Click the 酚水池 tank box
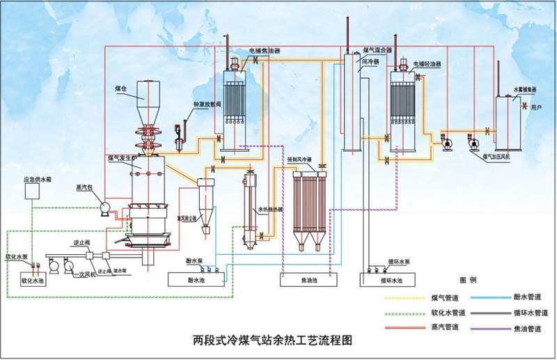(x=196, y=279)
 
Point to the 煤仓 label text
(x=121, y=89)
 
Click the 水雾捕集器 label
(x=525, y=90)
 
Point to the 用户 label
(x=536, y=108)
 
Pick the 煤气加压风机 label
(x=496, y=157)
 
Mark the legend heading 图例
(x=468, y=280)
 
